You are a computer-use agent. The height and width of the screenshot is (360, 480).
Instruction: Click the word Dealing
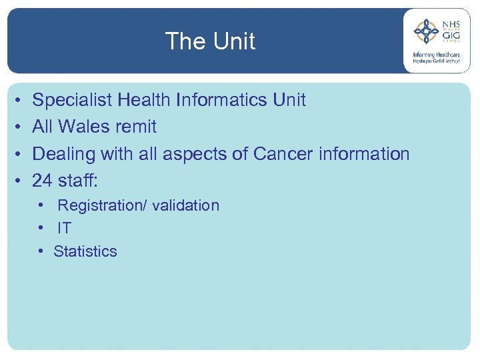coord(64,154)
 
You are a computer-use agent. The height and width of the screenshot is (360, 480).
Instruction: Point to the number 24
coord(43,180)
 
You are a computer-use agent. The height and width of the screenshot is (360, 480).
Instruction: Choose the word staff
coord(79,180)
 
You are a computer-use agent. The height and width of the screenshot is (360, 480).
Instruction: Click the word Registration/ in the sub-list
coord(102,206)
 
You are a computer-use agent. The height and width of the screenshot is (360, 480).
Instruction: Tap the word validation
coord(185,205)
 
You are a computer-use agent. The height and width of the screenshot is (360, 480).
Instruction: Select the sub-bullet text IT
coord(64,229)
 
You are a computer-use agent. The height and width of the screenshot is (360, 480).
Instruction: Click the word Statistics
coord(85,252)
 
